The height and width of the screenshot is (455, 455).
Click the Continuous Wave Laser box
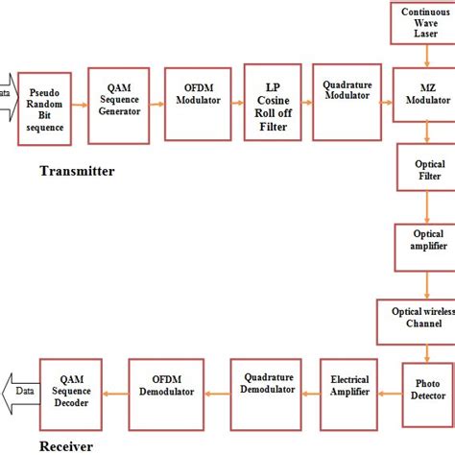click(423, 23)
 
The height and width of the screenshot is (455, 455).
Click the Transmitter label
click(77, 172)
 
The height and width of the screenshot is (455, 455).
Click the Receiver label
click(69, 445)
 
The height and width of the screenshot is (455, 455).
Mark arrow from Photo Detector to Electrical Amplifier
click(388, 391)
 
